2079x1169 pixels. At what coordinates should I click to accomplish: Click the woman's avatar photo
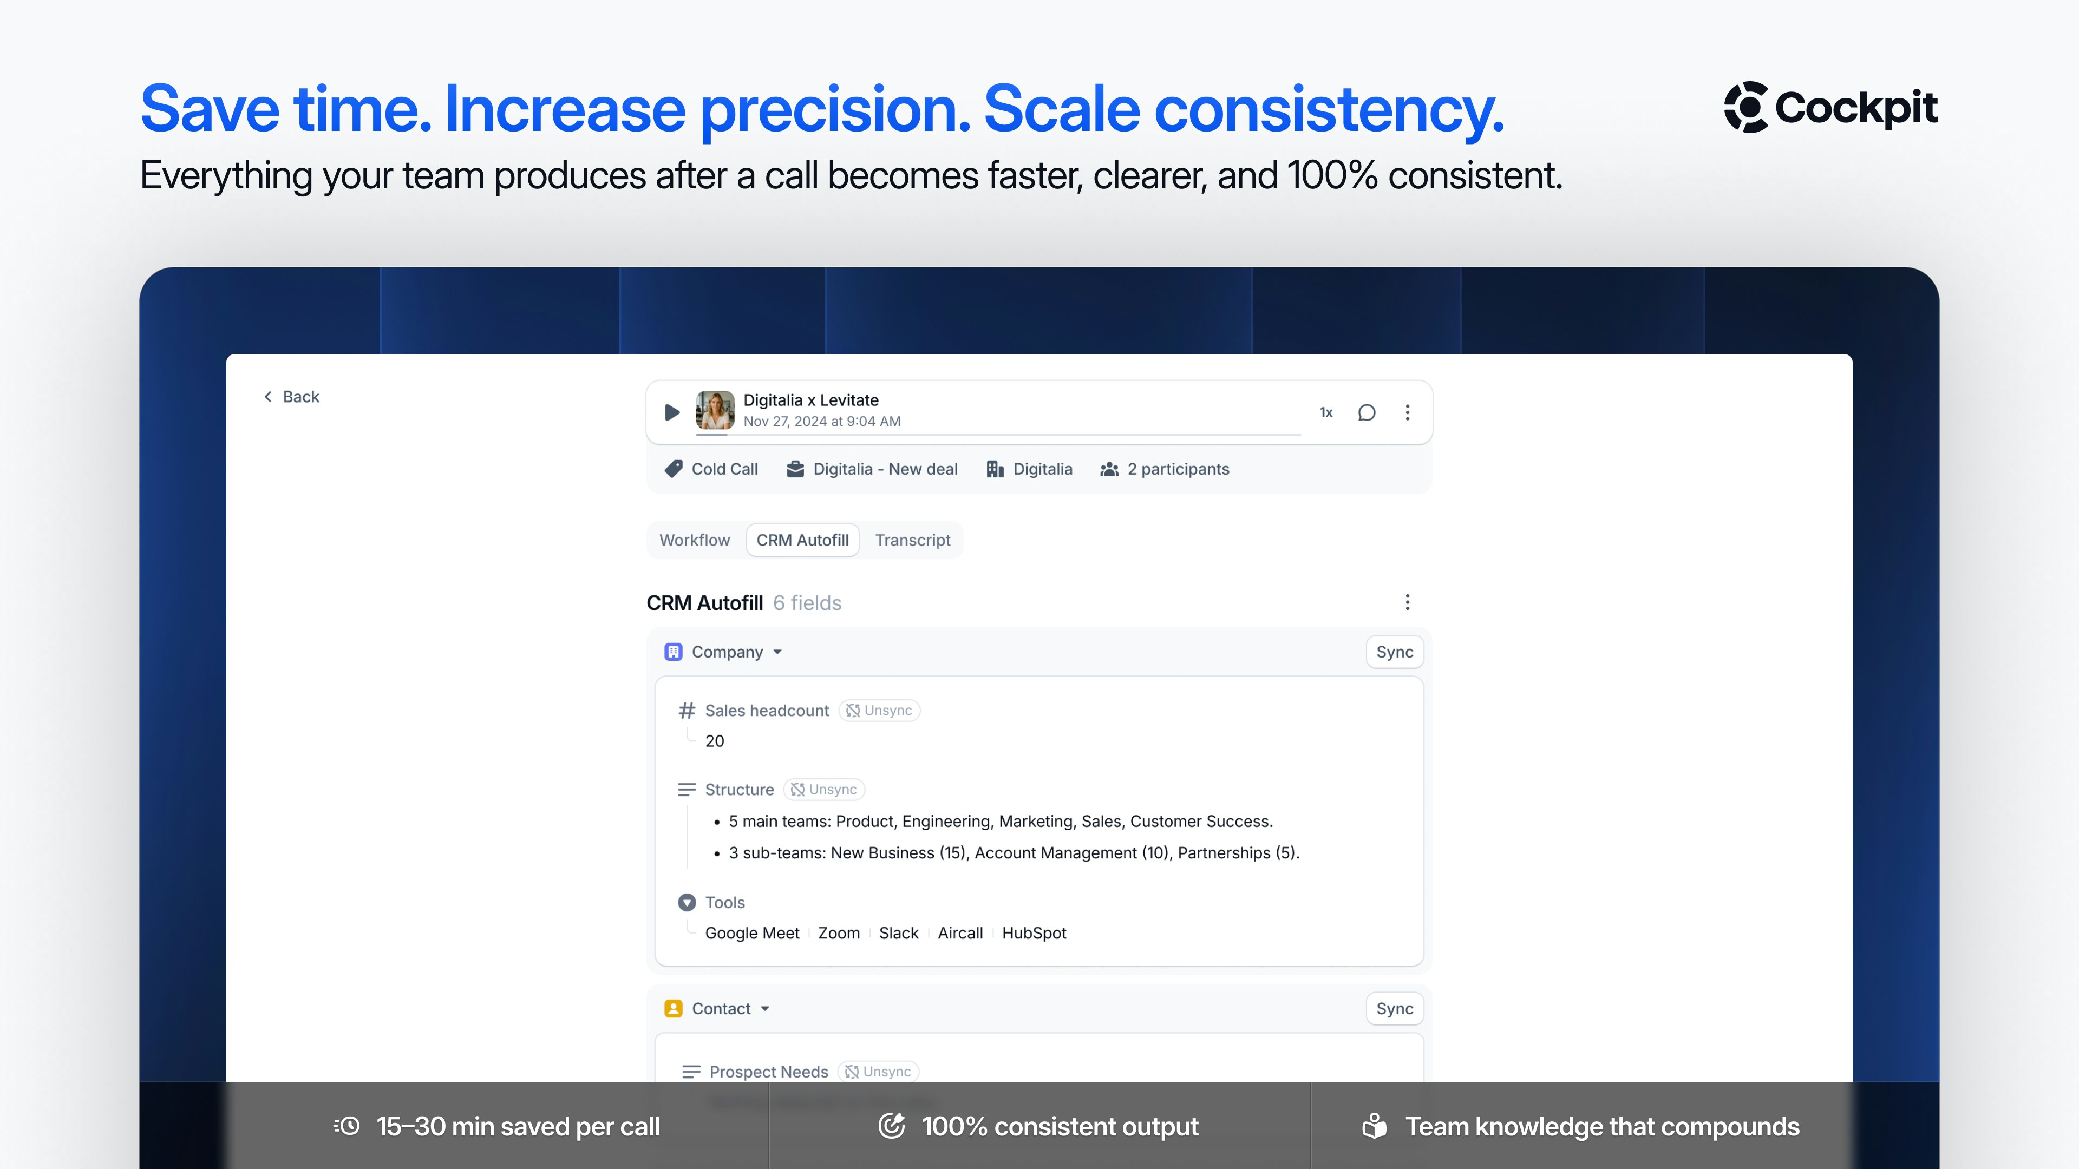715,410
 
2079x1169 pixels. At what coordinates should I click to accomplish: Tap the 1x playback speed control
1326,412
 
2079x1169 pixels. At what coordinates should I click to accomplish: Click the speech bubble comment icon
1367,412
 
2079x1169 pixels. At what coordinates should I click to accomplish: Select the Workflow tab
694,540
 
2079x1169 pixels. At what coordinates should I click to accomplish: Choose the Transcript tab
913,540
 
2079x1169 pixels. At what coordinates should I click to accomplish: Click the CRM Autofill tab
802,540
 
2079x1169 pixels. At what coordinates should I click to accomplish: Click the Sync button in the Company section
1395,652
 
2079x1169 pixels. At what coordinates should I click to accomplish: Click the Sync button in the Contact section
1395,1008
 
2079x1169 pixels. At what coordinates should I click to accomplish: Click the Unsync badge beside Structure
824,789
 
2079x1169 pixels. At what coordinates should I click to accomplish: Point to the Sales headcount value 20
714,740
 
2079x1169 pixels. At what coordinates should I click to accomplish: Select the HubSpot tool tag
1034,932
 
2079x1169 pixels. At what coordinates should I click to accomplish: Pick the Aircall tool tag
959,932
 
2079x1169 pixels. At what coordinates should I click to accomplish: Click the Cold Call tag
711,469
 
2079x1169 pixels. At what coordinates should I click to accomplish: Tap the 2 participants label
1165,469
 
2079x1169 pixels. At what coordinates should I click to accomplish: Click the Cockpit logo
1830,107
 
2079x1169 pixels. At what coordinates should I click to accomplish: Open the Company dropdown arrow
777,652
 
